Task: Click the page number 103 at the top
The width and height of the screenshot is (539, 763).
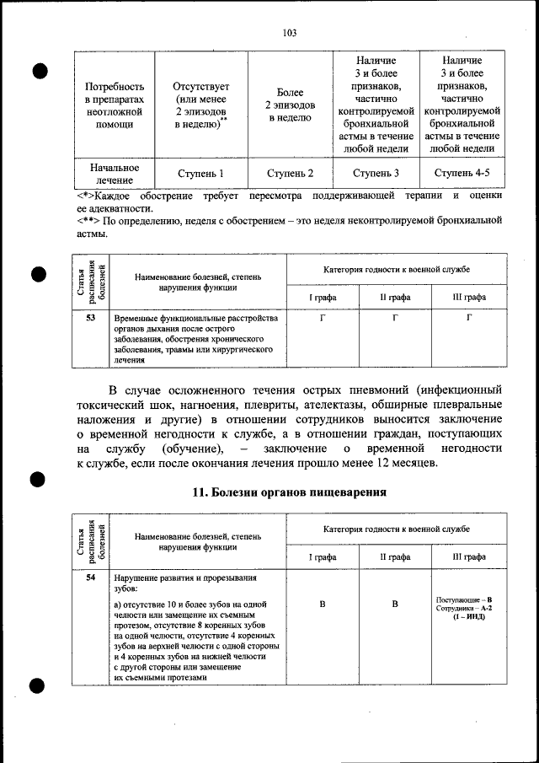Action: (289, 34)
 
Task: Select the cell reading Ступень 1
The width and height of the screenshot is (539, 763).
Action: (200, 174)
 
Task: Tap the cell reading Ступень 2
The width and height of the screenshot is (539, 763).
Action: (291, 174)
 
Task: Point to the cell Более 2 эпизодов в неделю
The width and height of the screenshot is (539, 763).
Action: (291, 105)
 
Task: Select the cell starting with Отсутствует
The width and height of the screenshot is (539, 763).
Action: (200, 105)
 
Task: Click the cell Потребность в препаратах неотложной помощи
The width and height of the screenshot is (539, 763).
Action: (115, 105)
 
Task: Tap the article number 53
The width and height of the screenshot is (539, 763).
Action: (91, 318)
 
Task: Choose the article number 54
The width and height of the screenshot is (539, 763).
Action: (91, 578)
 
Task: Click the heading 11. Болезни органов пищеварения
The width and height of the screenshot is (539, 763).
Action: (290, 492)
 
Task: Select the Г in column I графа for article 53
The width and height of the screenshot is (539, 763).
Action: (323, 319)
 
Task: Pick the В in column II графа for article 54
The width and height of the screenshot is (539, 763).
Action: (394, 604)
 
